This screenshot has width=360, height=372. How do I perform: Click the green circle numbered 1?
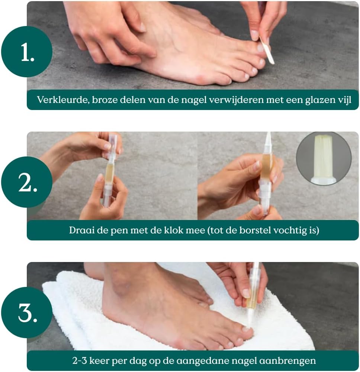point(27,52)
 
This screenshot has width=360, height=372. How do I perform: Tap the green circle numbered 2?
point(27,182)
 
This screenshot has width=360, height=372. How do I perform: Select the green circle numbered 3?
point(27,313)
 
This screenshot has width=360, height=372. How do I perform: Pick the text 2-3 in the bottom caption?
point(80,361)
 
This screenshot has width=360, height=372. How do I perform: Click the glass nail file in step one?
point(267,50)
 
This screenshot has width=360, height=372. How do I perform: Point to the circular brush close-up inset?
point(324,158)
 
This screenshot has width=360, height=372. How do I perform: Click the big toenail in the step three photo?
point(246,329)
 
